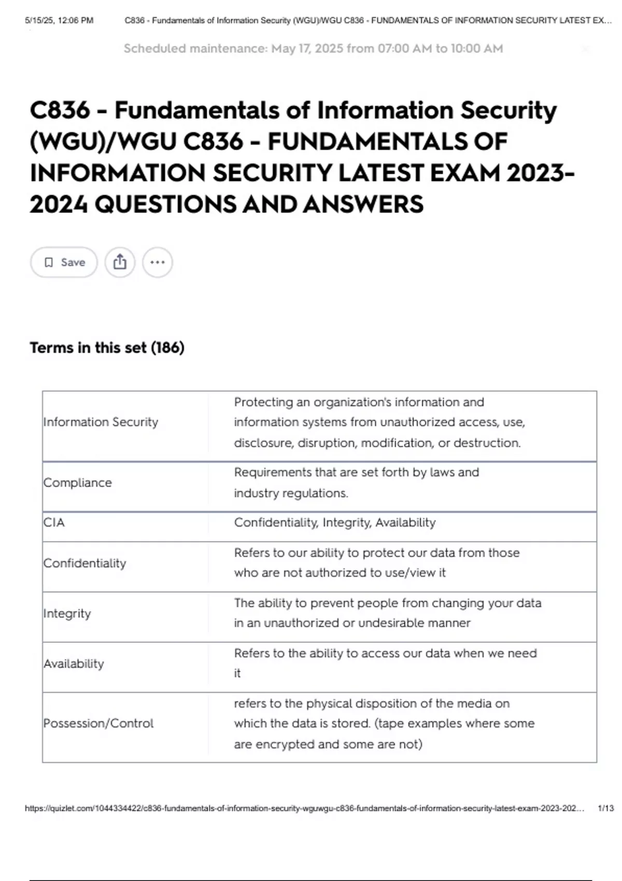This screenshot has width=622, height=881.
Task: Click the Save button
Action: point(64,262)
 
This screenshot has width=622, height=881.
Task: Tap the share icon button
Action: point(120,262)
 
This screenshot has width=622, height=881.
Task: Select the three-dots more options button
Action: point(158,262)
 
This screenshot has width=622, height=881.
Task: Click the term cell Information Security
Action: point(101,422)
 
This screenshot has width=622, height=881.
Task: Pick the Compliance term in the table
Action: point(78,483)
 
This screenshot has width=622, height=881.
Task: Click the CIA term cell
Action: point(54,522)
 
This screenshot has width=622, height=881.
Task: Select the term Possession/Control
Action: point(98,723)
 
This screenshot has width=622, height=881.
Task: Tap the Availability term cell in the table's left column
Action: point(74,664)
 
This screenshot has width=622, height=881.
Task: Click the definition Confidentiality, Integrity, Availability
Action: point(334,522)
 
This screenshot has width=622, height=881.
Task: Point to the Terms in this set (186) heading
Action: point(107,347)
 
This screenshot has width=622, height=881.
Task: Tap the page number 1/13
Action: point(605,808)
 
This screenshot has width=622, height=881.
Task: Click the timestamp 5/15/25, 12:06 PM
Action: point(59,21)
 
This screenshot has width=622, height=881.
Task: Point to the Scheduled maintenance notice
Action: point(313,49)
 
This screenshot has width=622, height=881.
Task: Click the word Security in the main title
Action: point(508,110)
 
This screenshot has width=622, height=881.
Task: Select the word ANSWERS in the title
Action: point(363,204)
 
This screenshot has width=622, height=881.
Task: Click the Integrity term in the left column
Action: point(67,614)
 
